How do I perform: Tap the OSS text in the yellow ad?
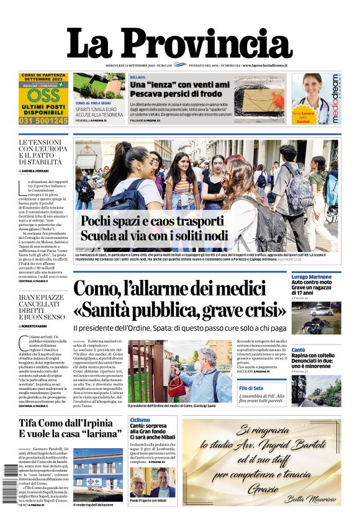(x=43, y=96)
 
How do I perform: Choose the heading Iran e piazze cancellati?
(x=42, y=307)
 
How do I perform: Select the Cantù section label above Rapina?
(x=299, y=350)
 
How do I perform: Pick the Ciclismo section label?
(x=140, y=420)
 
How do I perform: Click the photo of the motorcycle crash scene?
(x=316, y=317)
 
